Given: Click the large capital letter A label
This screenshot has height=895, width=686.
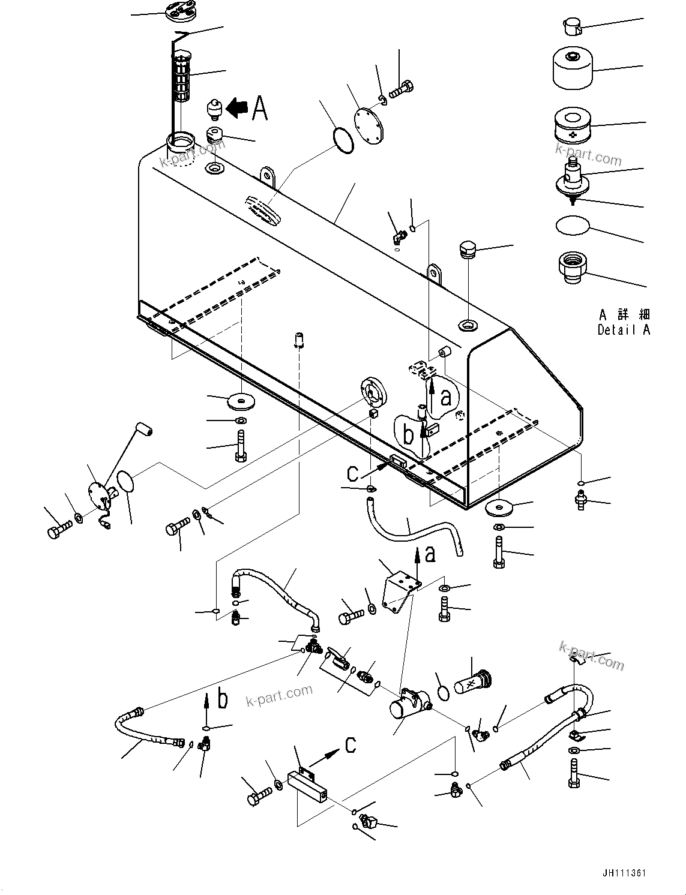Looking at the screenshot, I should [x=259, y=109].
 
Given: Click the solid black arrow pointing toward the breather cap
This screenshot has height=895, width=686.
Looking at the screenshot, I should [x=238, y=108].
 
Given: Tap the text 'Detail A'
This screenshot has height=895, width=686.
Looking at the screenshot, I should [x=624, y=330].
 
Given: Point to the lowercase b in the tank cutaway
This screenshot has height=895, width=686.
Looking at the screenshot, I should [x=409, y=435].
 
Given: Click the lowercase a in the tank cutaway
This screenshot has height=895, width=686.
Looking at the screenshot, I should [x=445, y=397].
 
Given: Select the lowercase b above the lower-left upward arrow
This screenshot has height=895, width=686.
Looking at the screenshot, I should [x=223, y=699].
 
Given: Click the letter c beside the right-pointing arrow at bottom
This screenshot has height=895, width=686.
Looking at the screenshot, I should [x=351, y=744].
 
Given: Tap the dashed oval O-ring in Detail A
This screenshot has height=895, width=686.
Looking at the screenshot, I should [x=573, y=226].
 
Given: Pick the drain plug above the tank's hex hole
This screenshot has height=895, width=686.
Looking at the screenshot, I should [x=468, y=249].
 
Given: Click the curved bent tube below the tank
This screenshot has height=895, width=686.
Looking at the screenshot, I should [x=414, y=528].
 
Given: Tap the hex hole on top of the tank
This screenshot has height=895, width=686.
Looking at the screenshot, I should [x=468, y=326].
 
